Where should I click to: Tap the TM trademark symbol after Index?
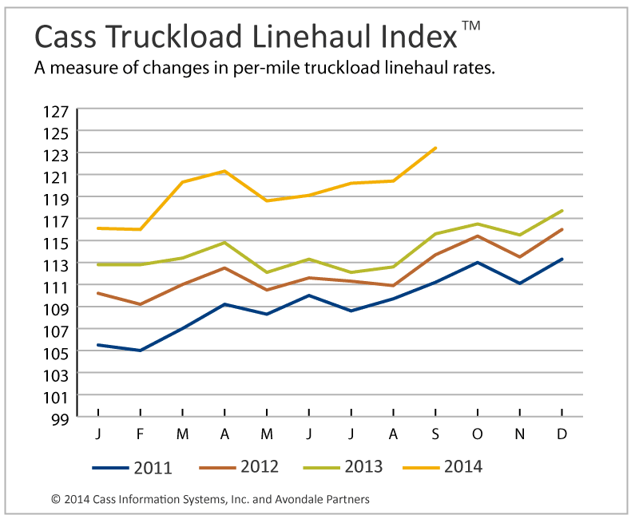[x=471, y=26]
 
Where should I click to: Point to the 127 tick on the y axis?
[x=61, y=109]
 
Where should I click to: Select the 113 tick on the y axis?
[x=61, y=263]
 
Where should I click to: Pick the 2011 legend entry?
[x=132, y=467]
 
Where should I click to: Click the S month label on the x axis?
[x=435, y=433]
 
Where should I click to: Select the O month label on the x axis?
[x=478, y=433]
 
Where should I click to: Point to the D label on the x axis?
[x=562, y=433]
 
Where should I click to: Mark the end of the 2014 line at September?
[x=435, y=148]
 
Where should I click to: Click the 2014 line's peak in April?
[x=224, y=171]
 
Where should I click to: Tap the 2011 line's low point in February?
[x=141, y=351]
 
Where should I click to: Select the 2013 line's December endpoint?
[x=562, y=211]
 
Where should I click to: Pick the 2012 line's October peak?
[x=478, y=236]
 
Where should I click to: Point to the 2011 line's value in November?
[x=520, y=283]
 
